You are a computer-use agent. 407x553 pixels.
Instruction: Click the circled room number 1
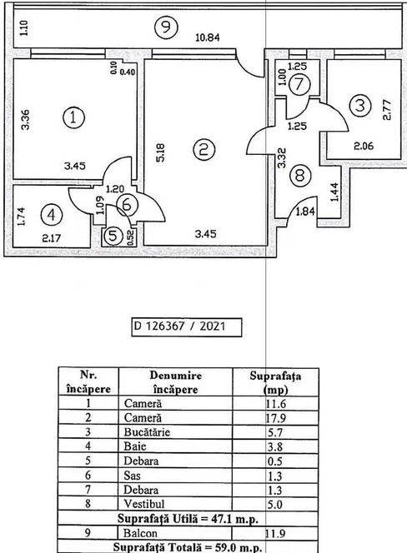(x=75, y=118)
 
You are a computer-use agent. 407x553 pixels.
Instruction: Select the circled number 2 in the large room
(x=203, y=150)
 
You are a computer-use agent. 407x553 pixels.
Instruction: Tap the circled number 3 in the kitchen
(x=359, y=106)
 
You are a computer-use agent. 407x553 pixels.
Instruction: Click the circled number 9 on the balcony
(x=166, y=27)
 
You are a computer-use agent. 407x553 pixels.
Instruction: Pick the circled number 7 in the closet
(x=300, y=83)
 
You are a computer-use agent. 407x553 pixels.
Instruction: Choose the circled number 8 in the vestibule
(x=300, y=176)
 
